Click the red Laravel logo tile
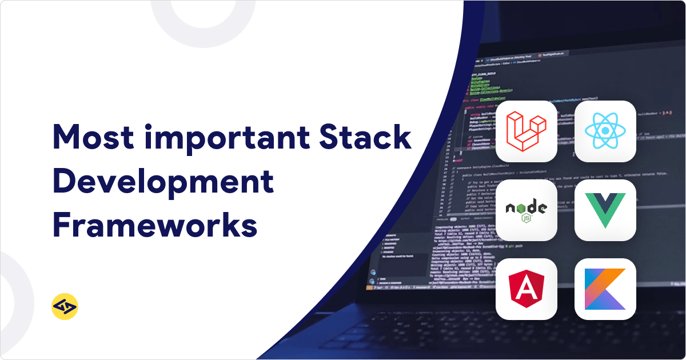tap(527, 131)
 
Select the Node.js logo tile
tap(527, 210)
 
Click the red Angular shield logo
tap(527, 289)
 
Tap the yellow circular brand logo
tap(65, 307)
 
